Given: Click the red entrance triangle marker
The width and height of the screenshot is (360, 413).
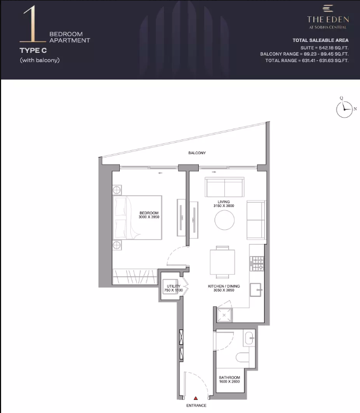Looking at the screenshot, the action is [x=196, y=398].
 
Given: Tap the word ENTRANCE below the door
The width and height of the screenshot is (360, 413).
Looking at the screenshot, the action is [x=196, y=405].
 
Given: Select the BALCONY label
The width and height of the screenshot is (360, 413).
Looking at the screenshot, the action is [x=197, y=153].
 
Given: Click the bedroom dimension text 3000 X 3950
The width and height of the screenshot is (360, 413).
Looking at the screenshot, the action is [x=149, y=217].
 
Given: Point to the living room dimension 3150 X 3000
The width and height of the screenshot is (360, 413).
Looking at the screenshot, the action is [x=224, y=206].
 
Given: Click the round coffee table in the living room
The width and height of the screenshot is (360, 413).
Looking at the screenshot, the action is [x=224, y=220].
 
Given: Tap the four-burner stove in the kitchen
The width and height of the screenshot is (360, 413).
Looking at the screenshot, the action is [x=257, y=263].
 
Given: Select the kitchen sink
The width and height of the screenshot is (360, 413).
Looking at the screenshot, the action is [x=255, y=290].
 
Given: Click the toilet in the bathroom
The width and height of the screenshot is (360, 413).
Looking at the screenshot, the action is [x=242, y=357].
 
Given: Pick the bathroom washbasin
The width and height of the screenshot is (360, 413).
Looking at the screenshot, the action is [x=249, y=338].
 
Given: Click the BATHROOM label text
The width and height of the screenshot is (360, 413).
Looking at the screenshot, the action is [x=229, y=378].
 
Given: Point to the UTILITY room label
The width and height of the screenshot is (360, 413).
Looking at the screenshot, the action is [x=174, y=286].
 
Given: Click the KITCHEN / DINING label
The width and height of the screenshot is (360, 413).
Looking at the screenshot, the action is [x=224, y=286].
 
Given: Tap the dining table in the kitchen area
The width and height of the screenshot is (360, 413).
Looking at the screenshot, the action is [x=223, y=262].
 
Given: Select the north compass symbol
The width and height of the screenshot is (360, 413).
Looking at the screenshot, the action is [x=344, y=109].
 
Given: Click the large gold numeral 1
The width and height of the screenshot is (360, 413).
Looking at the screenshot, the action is [x=32, y=24].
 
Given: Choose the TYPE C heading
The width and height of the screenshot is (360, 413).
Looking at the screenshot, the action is [x=33, y=50].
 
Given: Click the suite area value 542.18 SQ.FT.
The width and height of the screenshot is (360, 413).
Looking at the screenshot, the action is [x=334, y=48].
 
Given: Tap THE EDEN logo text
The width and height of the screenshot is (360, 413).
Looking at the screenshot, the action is [x=328, y=19].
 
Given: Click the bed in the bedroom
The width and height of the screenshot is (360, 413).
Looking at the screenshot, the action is [x=137, y=217].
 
